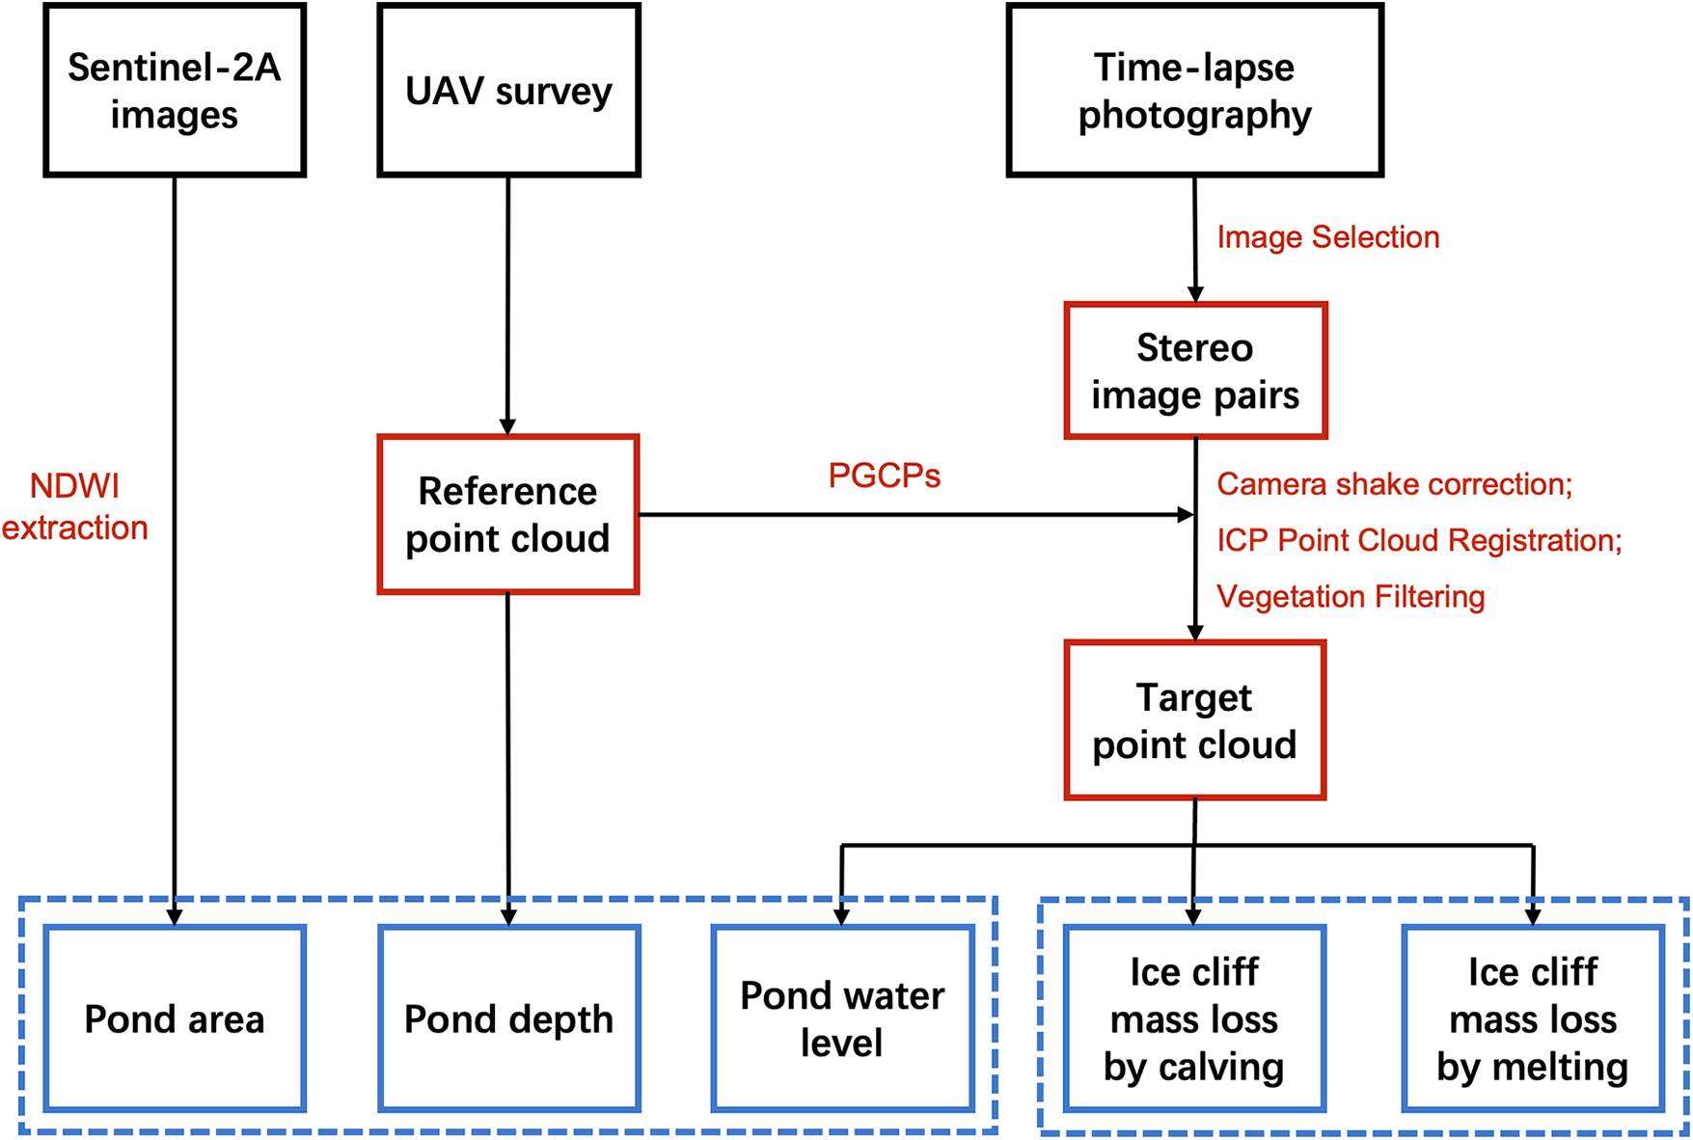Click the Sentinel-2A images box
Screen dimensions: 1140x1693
pos(175,91)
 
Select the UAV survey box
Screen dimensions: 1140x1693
pos(508,91)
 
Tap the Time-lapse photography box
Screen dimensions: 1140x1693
pos(1194,91)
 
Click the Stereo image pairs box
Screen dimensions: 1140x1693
pos(1195,371)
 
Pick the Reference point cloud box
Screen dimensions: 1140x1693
pos(507,514)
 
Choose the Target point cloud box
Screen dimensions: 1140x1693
pos(1194,720)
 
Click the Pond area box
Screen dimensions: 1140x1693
pos(175,1018)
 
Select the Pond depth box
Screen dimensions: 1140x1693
pos(508,1018)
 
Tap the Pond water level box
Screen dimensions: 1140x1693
pos(842,1018)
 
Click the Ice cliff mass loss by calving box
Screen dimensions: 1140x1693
pos(1194,1018)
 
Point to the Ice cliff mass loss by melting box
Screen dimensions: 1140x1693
pos(1533,1018)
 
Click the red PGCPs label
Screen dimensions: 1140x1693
pos(884,475)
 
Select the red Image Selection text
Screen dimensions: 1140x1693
pos(1327,237)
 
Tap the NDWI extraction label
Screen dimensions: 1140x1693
pos(75,506)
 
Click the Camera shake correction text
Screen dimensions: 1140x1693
pos(1394,484)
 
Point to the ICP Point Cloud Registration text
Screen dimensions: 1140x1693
pos(1419,540)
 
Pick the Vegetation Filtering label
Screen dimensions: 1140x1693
pos(1351,596)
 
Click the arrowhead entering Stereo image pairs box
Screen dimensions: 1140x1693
pos(1195,294)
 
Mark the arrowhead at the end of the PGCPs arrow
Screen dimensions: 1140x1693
pos(1186,514)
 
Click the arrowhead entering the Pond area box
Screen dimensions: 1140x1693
pos(175,916)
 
